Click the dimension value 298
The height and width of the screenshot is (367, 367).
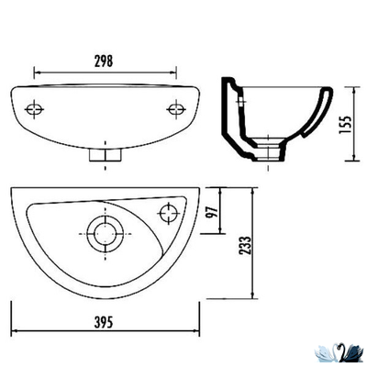coord(104,61)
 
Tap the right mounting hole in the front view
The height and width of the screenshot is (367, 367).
coord(174,109)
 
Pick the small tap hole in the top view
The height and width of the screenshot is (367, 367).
coord(167,213)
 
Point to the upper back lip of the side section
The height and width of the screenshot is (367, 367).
coord(234,84)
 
